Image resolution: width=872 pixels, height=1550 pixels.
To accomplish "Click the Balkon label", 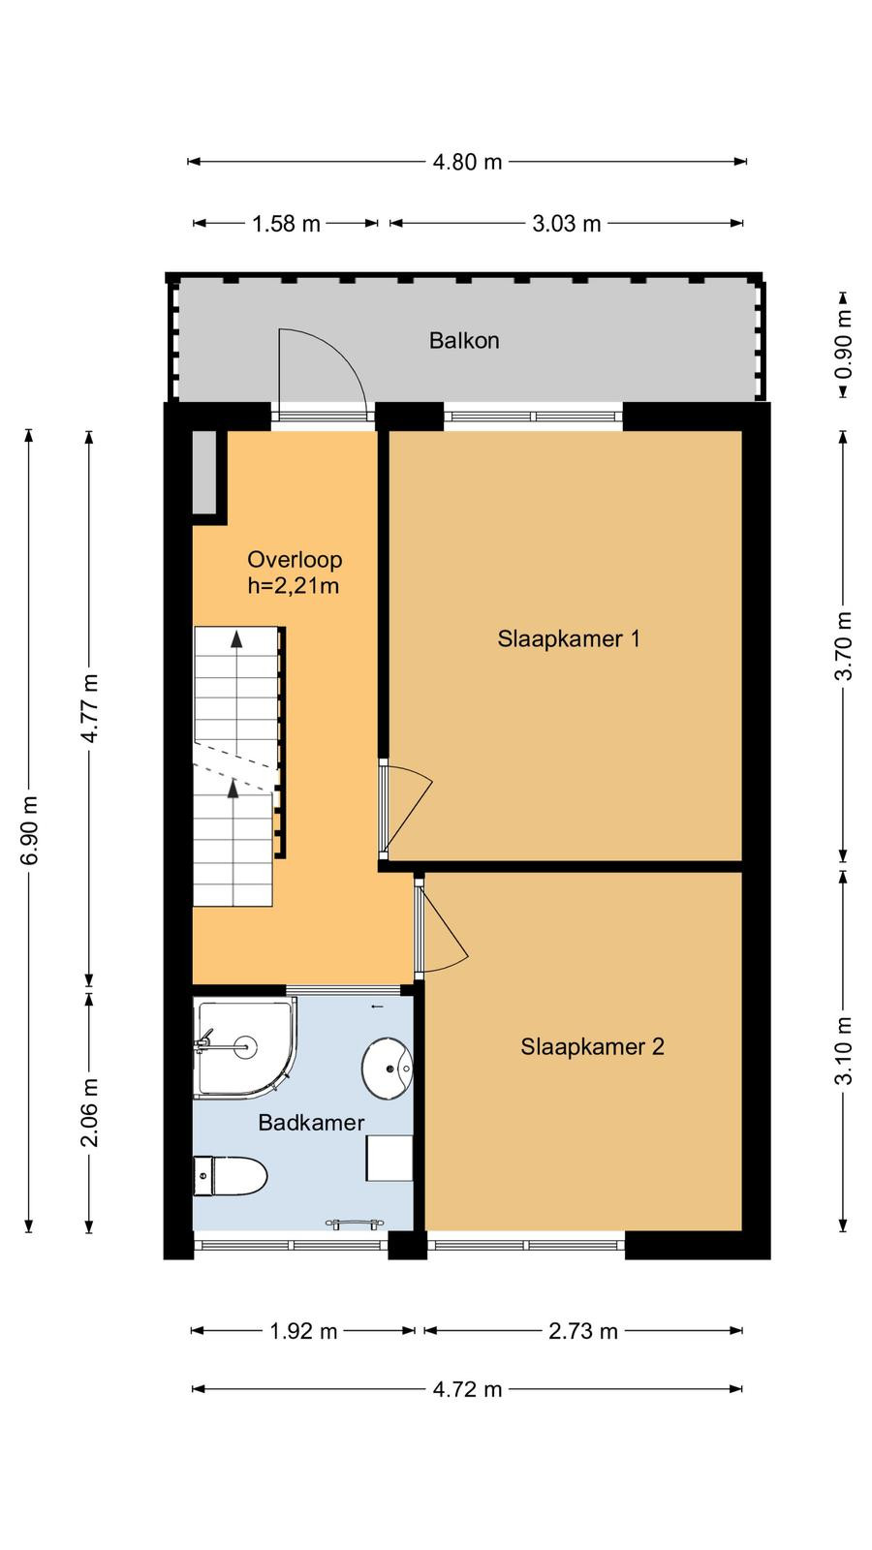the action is click(464, 340).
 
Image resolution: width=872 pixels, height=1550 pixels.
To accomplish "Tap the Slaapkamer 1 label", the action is click(568, 638).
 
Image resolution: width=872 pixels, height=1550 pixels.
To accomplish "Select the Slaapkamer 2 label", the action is click(592, 1046).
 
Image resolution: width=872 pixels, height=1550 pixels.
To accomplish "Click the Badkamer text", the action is click(311, 1122).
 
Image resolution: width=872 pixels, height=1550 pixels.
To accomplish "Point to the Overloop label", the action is click(295, 559).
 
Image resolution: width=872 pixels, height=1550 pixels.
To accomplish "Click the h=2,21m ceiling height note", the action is click(294, 586).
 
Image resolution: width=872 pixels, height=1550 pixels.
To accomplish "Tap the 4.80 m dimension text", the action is click(467, 162).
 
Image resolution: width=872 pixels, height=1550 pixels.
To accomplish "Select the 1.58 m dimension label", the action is click(286, 224).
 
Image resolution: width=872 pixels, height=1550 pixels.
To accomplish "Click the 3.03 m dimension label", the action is click(566, 224).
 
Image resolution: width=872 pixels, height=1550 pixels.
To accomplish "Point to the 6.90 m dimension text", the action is click(29, 830).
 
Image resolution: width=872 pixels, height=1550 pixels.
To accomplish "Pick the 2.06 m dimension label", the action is click(89, 1112).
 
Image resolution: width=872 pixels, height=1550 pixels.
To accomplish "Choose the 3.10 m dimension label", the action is click(844, 1050).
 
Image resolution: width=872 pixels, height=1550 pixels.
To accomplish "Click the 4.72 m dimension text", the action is click(467, 1389).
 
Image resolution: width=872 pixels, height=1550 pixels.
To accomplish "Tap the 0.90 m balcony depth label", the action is click(844, 345).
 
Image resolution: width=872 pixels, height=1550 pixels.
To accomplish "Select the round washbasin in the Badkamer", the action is click(387, 1068).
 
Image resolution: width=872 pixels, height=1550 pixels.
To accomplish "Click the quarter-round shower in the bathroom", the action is click(245, 1047).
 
